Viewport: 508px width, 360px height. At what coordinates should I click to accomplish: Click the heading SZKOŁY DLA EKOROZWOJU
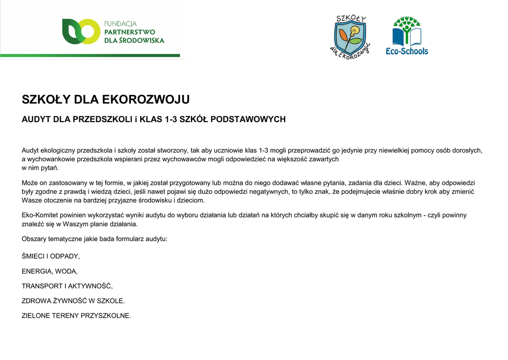[x=106, y=100]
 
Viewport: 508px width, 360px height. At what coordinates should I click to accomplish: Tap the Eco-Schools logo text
[x=407, y=51]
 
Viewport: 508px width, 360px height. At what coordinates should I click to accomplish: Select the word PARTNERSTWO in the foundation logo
[x=129, y=32]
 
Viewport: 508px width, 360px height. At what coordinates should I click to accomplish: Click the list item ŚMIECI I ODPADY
[x=51, y=257]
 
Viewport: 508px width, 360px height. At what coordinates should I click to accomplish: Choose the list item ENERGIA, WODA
[x=50, y=272]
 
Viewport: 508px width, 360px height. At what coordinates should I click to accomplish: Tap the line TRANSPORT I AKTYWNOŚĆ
[x=67, y=286]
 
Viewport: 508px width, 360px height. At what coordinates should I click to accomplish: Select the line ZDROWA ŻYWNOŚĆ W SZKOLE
[x=73, y=301]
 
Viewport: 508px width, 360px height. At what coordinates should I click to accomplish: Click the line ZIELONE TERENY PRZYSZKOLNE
[x=76, y=315]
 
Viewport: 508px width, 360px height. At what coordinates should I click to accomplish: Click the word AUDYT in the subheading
[x=36, y=120]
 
